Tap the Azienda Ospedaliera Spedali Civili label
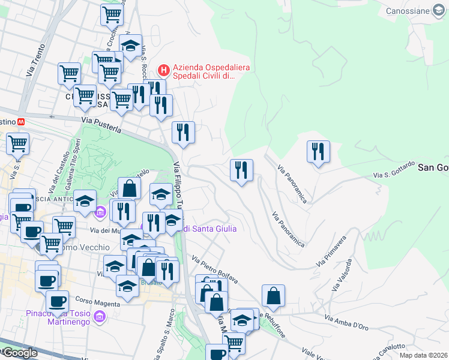tap(203, 72)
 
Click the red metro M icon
tap(22, 121)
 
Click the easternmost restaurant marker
tap(318, 152)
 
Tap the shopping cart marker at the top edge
tap(112, 14)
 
